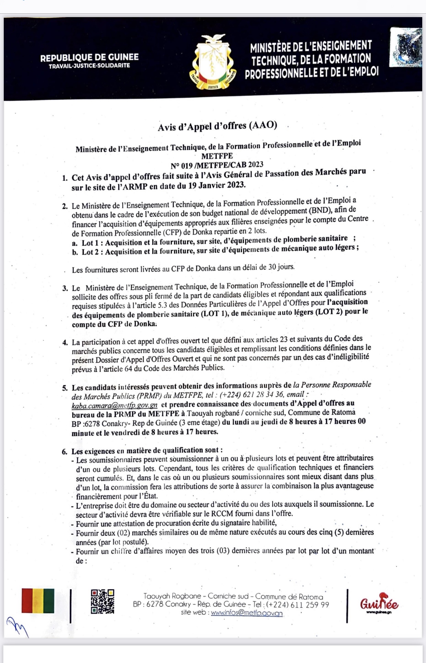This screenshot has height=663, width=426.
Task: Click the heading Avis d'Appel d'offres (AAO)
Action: coord(217,126)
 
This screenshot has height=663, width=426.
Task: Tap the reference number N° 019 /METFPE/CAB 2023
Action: coord(217,165)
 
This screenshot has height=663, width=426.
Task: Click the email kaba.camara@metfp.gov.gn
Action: coord(115,405)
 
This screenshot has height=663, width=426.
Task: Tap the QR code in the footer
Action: coord(102,601)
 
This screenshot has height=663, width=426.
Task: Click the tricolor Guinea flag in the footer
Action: coord(38,601)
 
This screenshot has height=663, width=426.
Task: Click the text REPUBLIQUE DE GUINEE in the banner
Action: coord(89,58)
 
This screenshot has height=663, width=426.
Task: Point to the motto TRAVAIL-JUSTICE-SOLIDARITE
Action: coord(89,66)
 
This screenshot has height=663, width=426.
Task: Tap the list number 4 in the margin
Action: coord(65,343)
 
